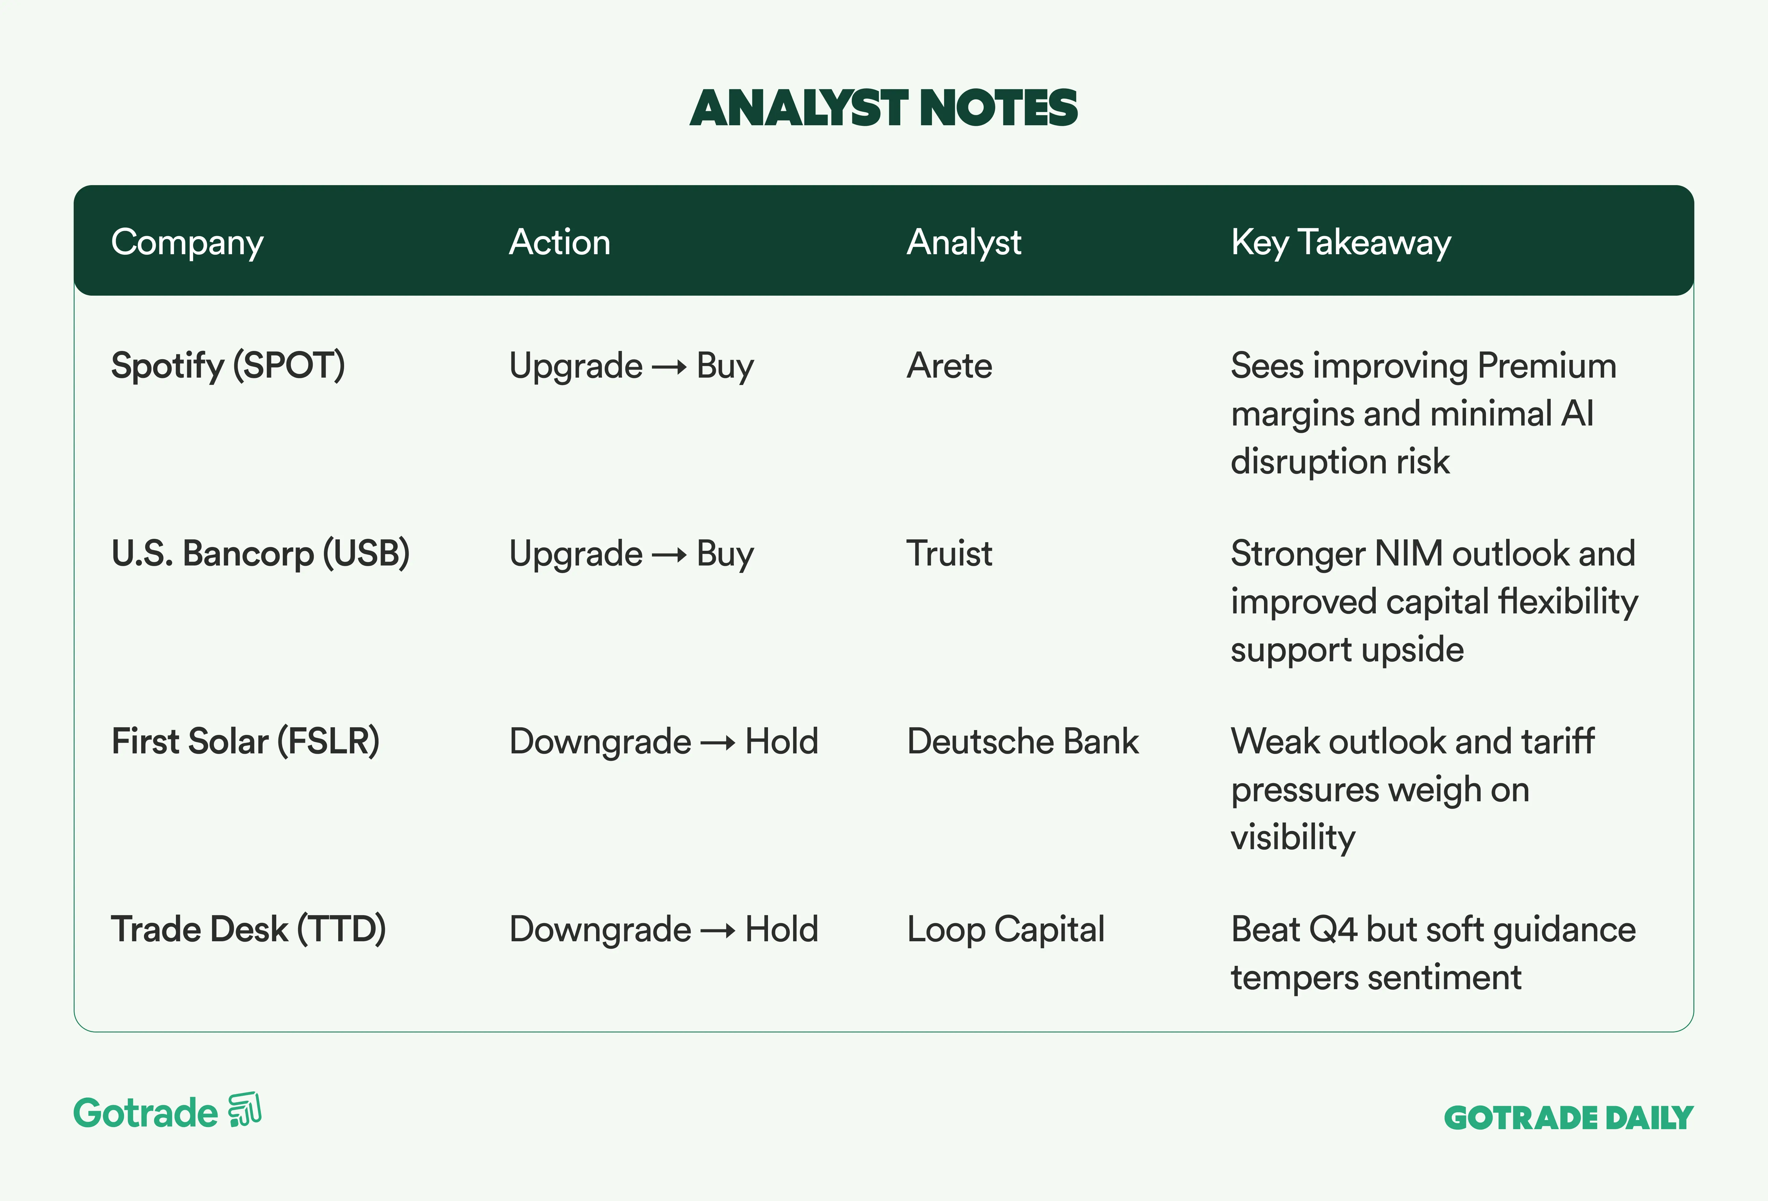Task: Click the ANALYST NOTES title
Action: [x=884, y=108]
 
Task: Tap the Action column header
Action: [x=560, y=242]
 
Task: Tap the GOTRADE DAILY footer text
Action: [x=1569, y=1118]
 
